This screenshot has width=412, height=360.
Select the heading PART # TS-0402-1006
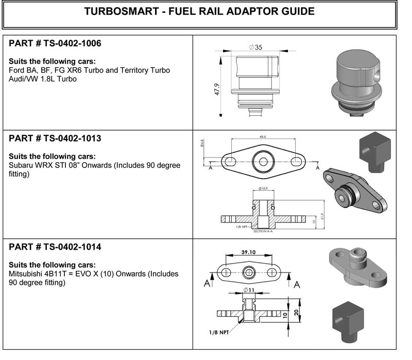[55, 44]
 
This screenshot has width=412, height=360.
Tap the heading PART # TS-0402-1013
[55, 139]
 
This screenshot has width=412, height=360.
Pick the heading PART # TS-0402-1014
[55, 247]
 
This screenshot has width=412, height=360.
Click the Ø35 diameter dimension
[255, 47]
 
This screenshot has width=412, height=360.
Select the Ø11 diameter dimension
[249, 291]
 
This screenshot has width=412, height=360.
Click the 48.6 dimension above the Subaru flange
[263, 136]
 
